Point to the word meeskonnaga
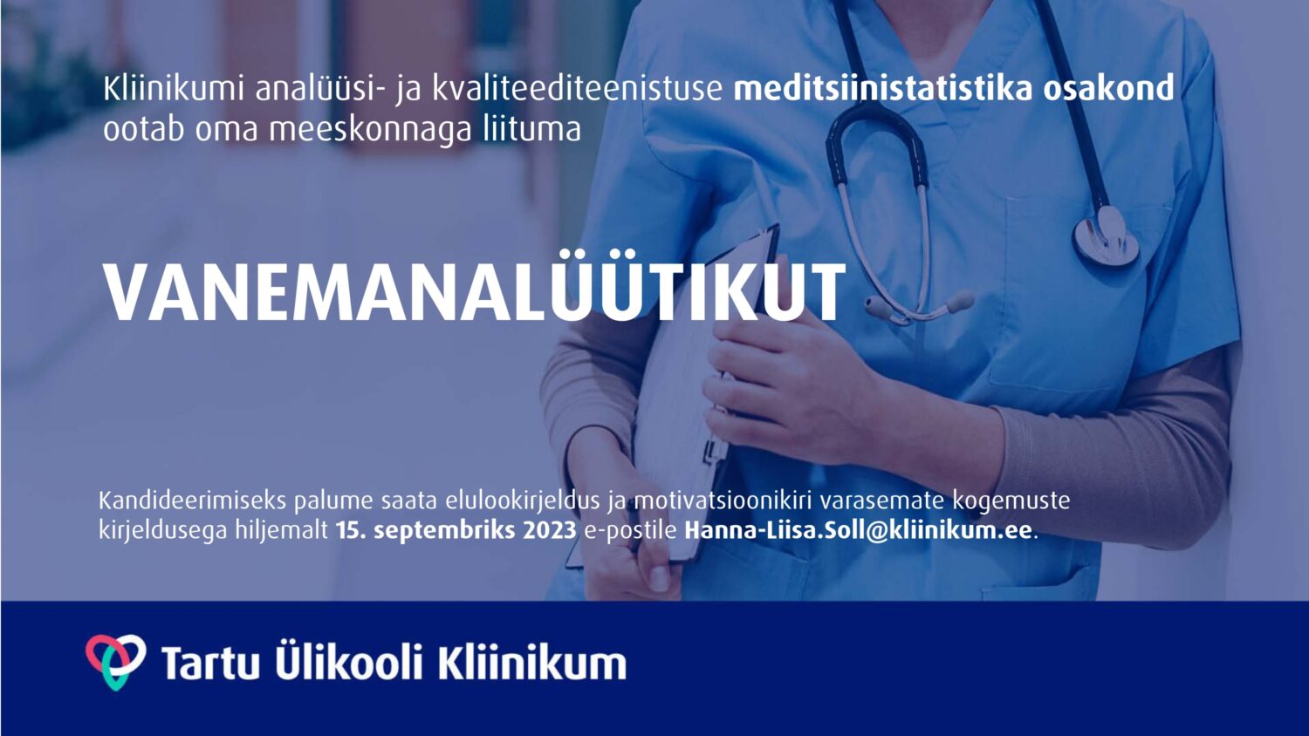click(x=370, y=130)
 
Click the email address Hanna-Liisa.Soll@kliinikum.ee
click(x=858, y=531)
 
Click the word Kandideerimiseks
click(x=192, y=501)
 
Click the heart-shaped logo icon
click(x=116, y=661)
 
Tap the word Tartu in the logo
click(x=209, y=663)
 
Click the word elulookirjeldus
click(x=523, y=501)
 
